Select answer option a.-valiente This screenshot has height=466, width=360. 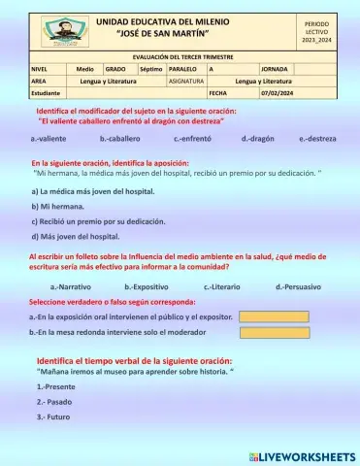click(49, 140)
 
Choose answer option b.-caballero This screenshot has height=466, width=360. click(120, 140)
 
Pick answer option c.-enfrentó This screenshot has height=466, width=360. click(194, 140)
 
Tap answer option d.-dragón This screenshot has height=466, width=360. click(259, 140)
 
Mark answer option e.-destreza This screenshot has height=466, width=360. click(318, 140)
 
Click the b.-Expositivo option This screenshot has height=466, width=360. click(147, 287)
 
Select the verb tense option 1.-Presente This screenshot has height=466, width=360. click(56, 386)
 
